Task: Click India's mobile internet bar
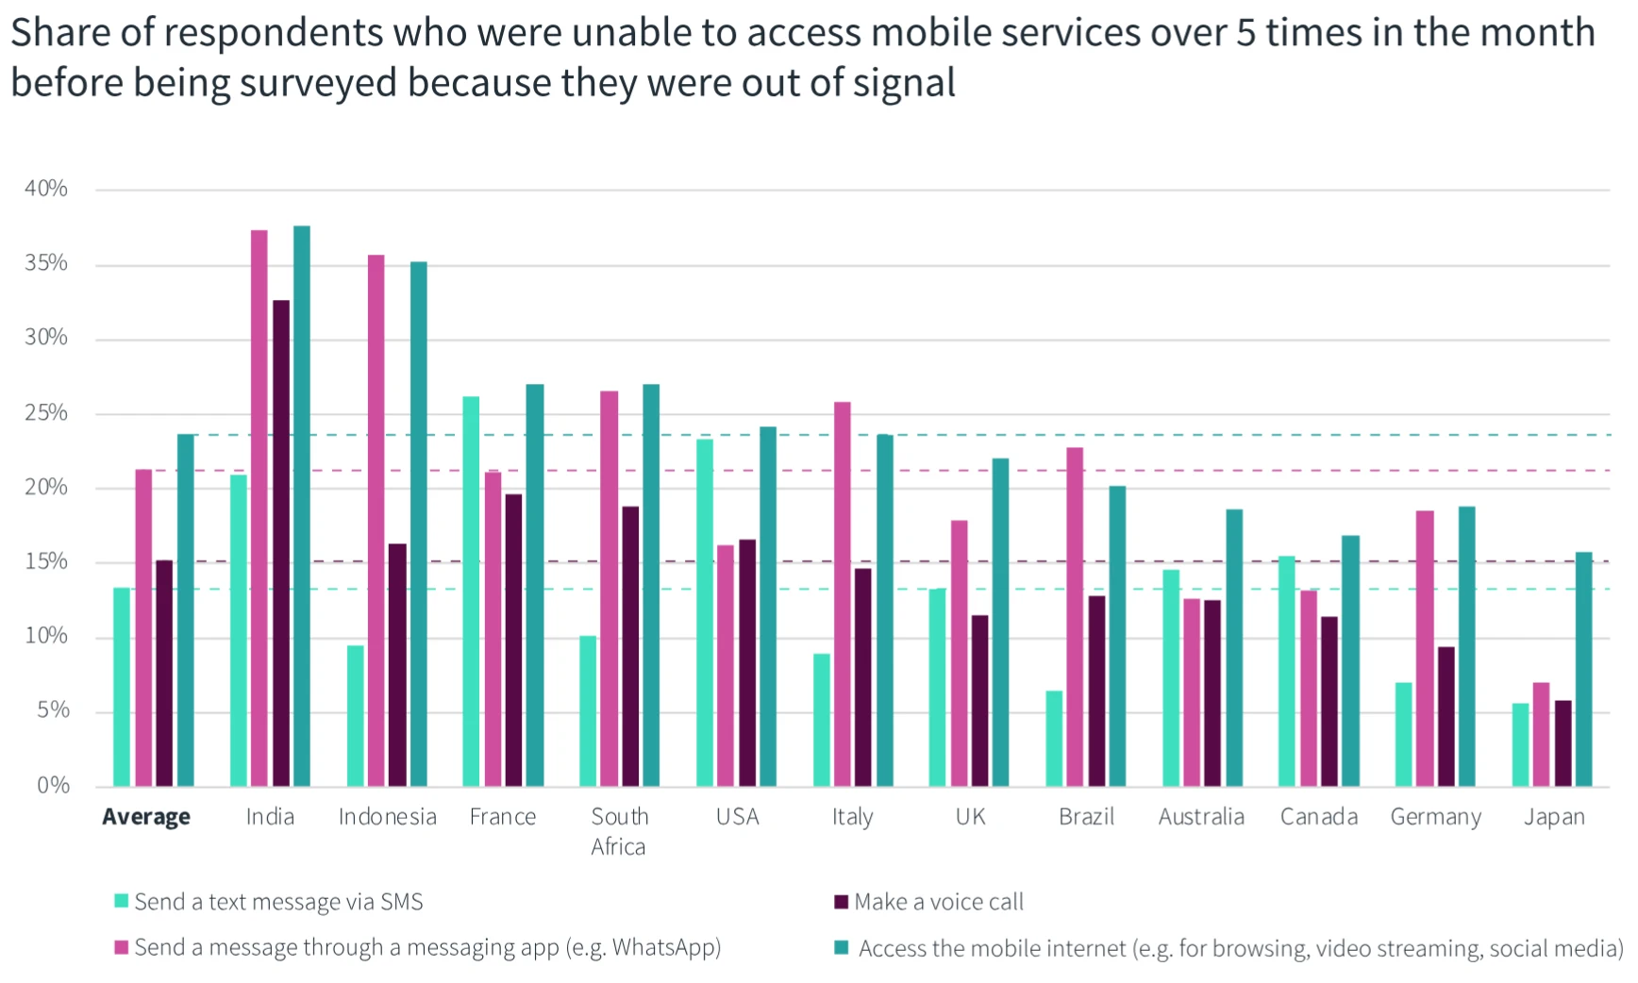[302, 506]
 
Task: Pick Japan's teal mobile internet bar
[1583, 669]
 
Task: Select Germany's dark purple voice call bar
[1446, 716]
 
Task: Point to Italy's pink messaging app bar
[842, 593]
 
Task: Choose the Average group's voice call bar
[164, 673]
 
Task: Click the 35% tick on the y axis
[46, 263]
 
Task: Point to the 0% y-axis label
[53, 785]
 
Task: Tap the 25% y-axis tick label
[46, 412]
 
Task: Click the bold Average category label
[146, 817]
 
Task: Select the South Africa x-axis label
[619, 831]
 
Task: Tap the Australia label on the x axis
[1201, 817]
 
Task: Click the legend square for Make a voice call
[841, 902]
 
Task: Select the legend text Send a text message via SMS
[278, 902]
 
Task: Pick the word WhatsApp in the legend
[665, 947]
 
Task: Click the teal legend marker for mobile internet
[841, 947]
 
